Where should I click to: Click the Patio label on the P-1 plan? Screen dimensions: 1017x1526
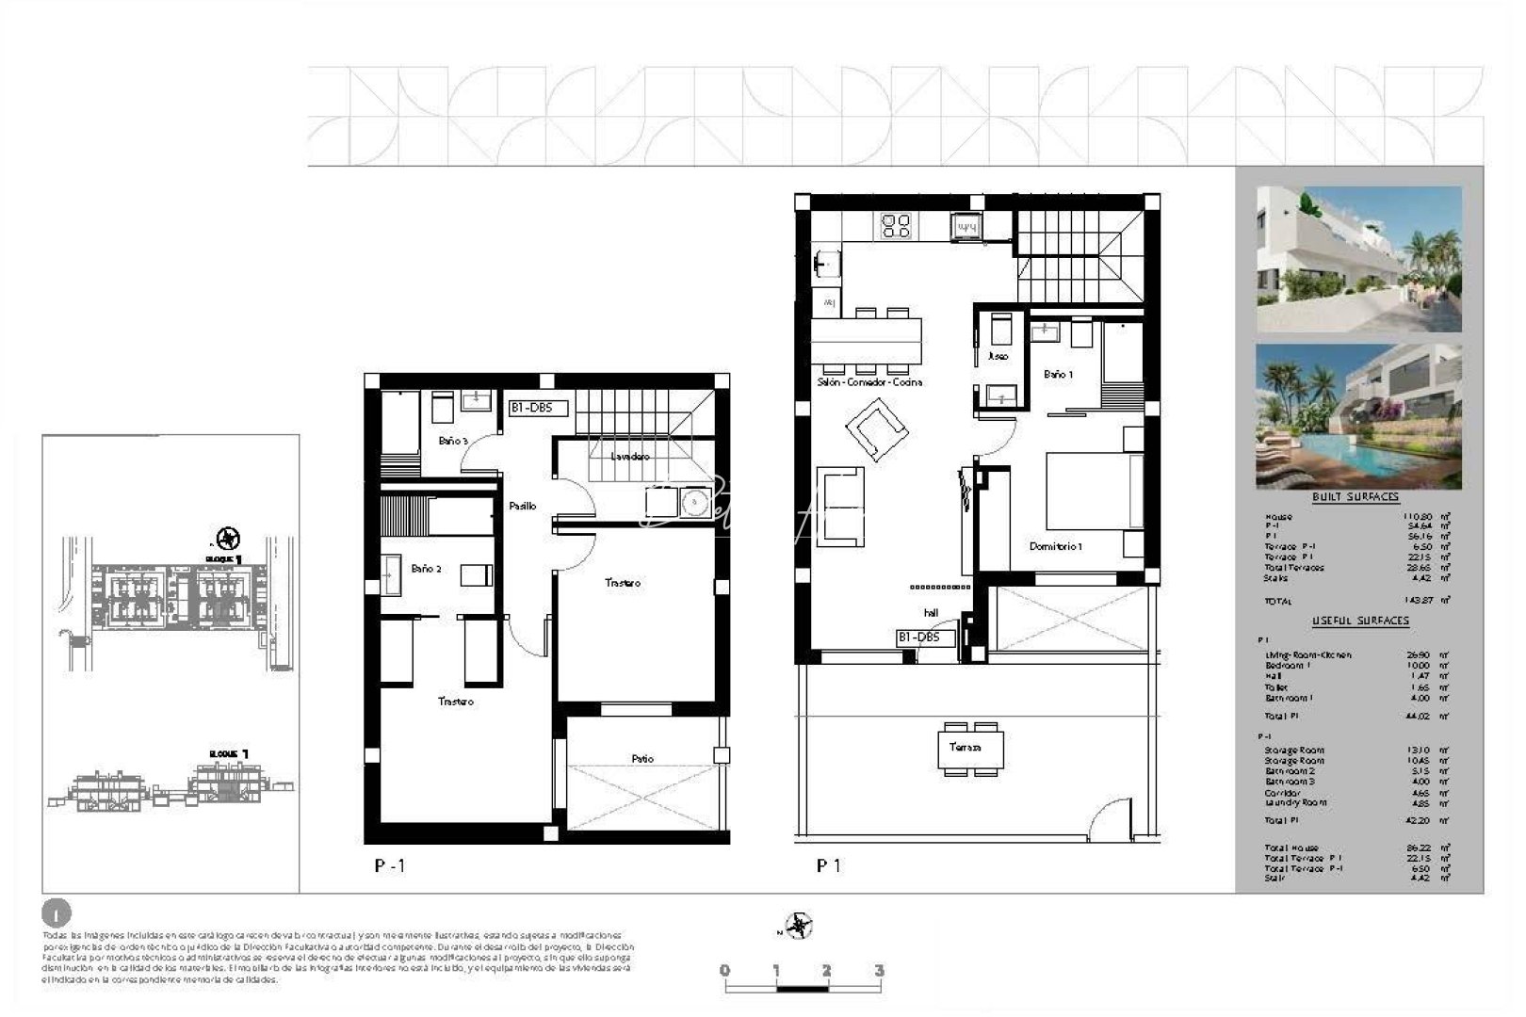642,759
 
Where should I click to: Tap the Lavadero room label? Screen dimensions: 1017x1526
630,457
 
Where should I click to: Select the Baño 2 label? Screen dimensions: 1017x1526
426,569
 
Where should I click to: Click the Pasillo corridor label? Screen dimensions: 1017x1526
523,507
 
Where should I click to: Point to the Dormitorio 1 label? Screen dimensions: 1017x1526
1056,546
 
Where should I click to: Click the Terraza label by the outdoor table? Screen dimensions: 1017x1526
966,747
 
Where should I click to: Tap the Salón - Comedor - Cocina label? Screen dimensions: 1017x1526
869,382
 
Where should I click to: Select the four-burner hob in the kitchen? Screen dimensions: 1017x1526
896,226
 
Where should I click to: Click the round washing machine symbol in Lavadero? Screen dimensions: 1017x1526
695,503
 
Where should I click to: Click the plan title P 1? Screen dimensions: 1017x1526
829,865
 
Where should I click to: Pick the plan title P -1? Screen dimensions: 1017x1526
390,865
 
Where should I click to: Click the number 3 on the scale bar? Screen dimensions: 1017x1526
879,971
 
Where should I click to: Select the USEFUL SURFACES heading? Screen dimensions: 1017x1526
1360,621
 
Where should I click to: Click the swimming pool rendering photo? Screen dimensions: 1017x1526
1358,416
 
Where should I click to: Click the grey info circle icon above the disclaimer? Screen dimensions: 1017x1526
57,912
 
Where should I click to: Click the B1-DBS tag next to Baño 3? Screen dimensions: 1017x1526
538,409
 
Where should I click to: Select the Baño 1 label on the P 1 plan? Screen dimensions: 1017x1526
1058,375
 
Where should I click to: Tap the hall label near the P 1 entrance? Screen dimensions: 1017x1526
931,613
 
